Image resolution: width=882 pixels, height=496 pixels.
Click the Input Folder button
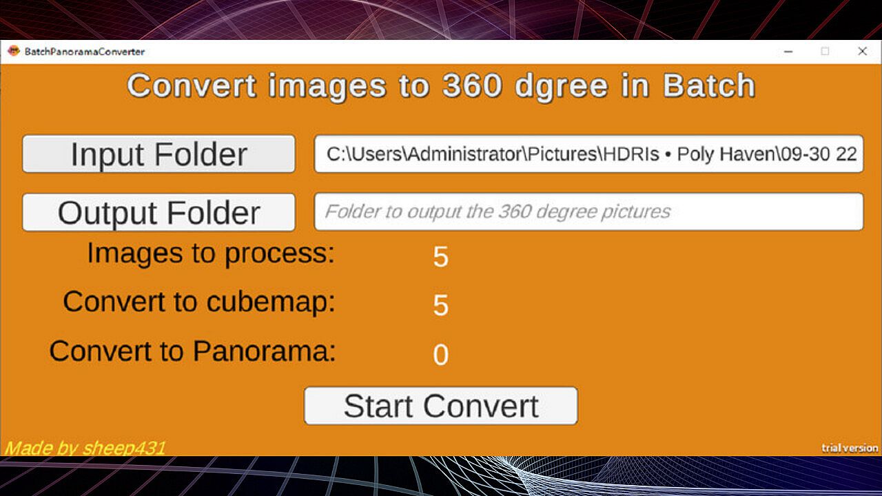158,154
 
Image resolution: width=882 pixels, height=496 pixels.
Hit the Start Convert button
441,406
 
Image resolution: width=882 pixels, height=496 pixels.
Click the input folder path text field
589,154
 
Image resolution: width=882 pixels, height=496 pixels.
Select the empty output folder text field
589,211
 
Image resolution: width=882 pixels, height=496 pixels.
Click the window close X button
862,51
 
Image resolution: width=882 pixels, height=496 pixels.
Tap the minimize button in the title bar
788,52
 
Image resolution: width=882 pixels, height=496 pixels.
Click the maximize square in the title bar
825,51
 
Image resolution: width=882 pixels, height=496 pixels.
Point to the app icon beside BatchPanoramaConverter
14,51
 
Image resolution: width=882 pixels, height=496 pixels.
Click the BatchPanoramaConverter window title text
85,52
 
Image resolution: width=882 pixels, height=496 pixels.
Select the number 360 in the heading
472,85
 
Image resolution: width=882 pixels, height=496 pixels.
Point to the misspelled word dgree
562,87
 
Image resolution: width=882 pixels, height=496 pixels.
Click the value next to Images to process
440,257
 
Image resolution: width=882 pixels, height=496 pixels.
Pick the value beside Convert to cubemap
440,305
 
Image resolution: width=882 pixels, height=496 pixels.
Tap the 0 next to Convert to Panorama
440,355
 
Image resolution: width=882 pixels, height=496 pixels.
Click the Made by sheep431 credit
85,448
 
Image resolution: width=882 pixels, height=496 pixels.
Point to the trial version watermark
850,448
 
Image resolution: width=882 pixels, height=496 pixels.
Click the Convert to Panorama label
192,351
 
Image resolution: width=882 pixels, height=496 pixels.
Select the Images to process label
211,253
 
